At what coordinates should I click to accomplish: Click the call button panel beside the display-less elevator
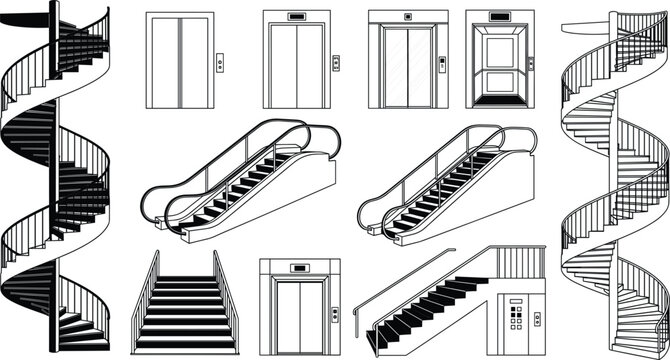point(220,64)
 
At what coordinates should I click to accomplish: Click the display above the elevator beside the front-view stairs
point(298,267)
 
